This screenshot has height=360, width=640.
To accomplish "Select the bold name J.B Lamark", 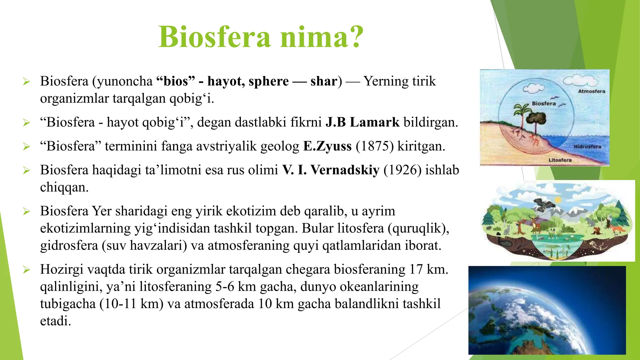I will [362, 122].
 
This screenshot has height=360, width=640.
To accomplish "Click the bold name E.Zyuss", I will [327, 146].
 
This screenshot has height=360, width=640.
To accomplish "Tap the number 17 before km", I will [416, 269].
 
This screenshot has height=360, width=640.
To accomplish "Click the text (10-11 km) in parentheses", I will [132, 304].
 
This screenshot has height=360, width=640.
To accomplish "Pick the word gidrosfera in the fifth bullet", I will [69, 245].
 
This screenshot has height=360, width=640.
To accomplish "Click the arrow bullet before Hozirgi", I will [26, 269].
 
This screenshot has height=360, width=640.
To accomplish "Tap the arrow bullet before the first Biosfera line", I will [26, 82].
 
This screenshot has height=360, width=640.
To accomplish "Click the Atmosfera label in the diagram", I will [591, 91].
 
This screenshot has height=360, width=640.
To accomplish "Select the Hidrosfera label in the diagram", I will [587, 147].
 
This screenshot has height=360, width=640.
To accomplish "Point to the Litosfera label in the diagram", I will [560, 160].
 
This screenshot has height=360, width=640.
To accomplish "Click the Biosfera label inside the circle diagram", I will [544, 103].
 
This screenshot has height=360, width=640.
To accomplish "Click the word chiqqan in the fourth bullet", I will [64, 187].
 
